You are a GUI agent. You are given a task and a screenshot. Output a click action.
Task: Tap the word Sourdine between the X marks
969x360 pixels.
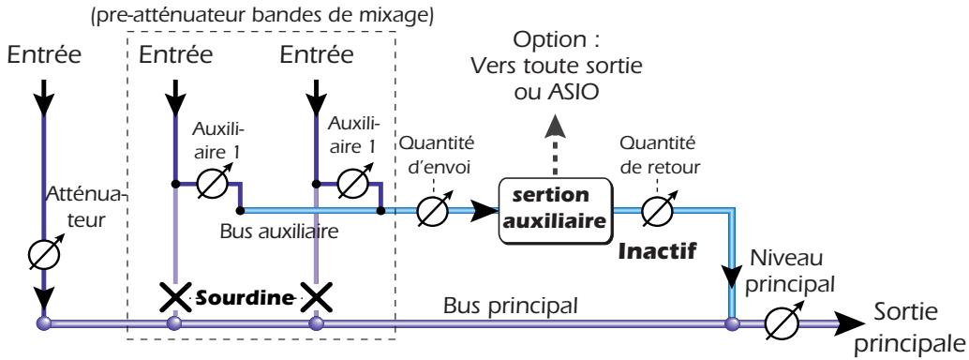click(x=242, y=299)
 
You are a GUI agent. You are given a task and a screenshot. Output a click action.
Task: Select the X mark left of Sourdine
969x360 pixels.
click(x=173, y=299)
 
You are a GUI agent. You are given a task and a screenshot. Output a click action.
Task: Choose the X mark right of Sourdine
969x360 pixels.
click(x=317, y=299)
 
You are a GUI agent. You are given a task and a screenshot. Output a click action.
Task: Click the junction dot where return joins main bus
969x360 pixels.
click(x=730, y=323)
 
